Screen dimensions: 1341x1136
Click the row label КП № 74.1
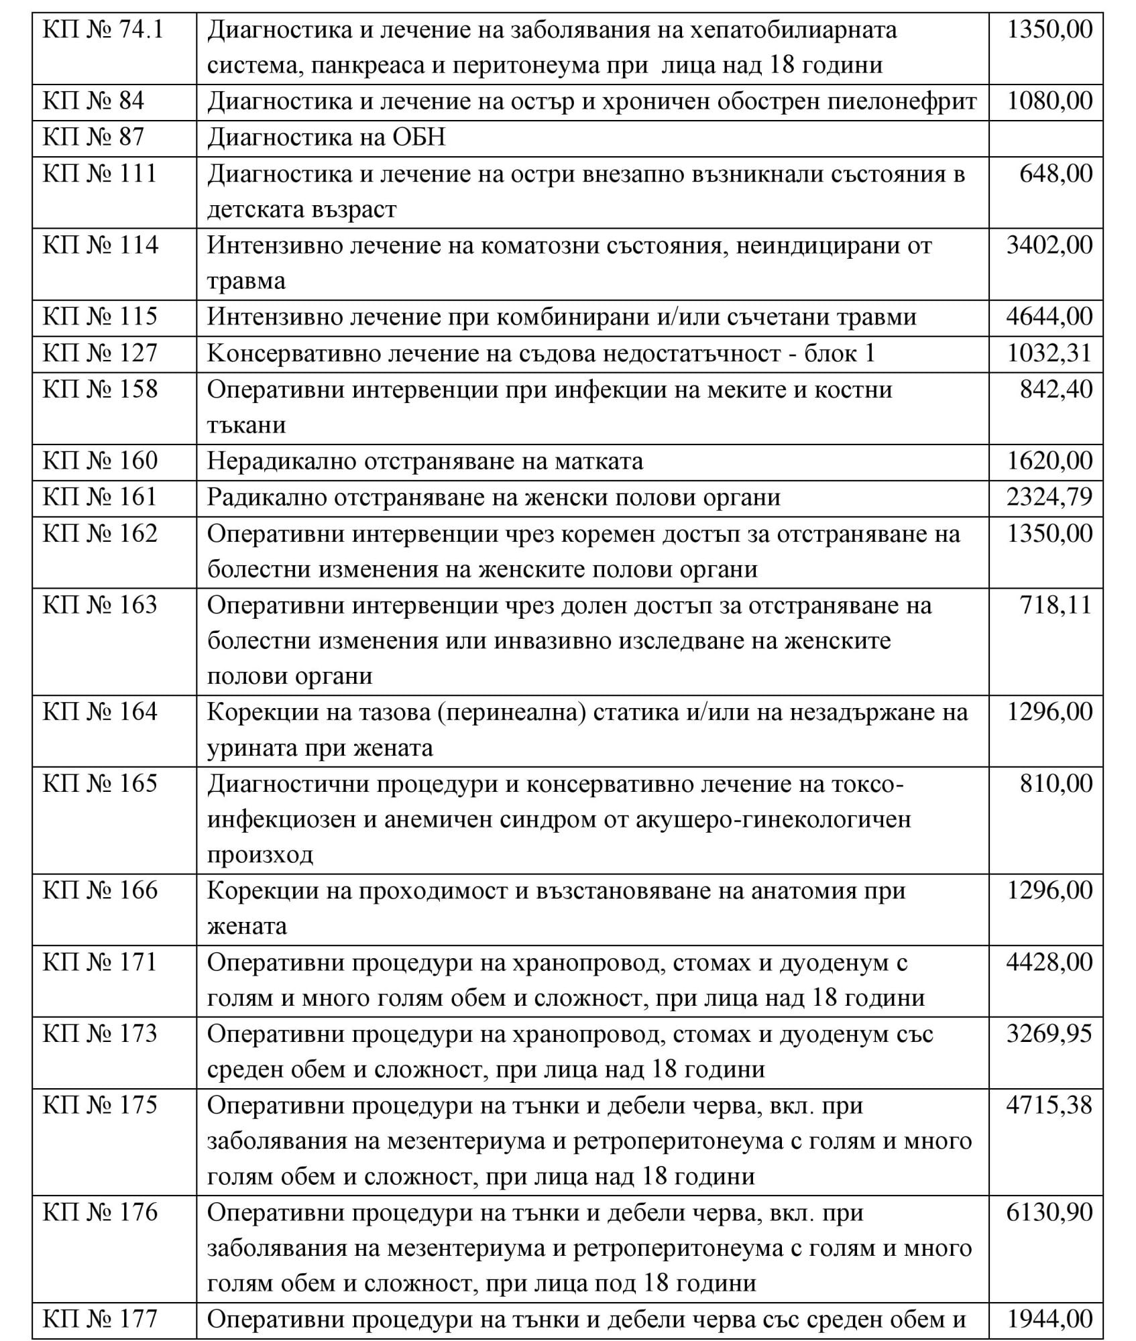(x=103, y=30)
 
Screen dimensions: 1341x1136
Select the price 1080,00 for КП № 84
(x=1050, y=101)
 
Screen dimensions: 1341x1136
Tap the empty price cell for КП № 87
(x=1045, y=138)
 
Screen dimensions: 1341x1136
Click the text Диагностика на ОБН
(x=326, y=138)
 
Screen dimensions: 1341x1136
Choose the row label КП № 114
(x=101, y=245)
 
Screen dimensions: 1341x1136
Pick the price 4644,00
(x=1049, y=316)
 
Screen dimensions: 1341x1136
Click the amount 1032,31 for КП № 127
(x=1050, y=353)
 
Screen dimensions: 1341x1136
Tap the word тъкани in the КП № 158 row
(x=246, y=425)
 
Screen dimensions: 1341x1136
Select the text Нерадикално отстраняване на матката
(x=424, y=461)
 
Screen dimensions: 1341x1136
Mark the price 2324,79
(x=1049, y=498)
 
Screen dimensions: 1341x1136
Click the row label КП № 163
(x=101, y=605)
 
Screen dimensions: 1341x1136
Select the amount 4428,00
(x=1049, y=963)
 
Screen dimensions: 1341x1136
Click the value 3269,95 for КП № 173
(x=1049, y=1034)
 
